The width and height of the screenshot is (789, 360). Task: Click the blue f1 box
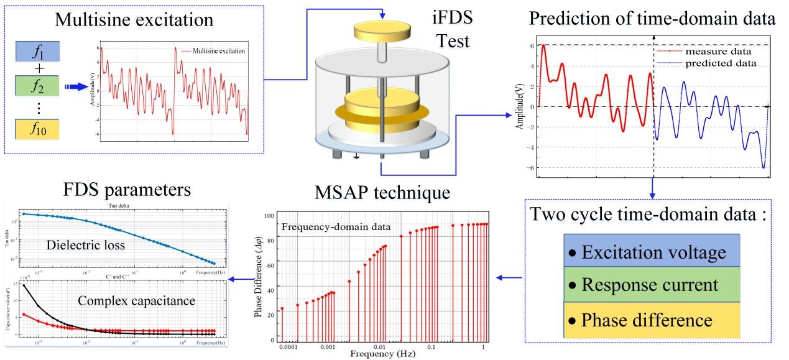(x=37, y=52)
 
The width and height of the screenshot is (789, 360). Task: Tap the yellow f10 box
(x=37, y=129)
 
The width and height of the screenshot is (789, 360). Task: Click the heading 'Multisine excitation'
(x=134, y=19)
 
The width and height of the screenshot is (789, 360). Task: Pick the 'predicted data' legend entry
(x=721, y=63)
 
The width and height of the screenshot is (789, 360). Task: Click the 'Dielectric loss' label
(x=86, y=246)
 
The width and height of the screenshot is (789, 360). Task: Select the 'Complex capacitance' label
(x=137, y=301)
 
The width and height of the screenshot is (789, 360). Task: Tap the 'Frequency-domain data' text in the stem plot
(x=336, y=227)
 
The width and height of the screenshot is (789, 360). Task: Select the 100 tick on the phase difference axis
(x=269, y=216)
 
